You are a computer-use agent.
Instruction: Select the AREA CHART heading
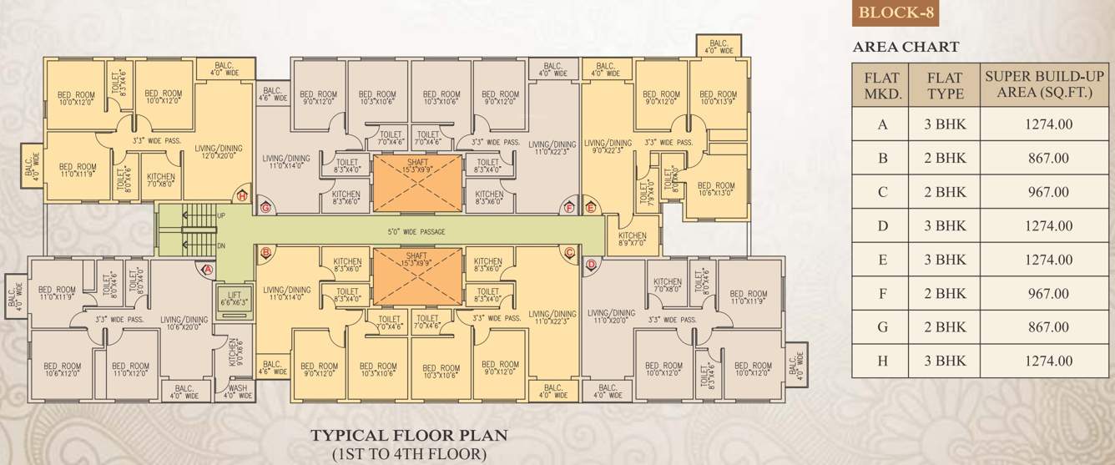click(906, 48)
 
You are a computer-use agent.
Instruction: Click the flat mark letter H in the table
click(883, 361)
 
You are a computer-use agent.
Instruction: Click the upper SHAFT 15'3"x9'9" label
click(416, 168)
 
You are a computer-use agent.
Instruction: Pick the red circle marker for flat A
click(208, 270)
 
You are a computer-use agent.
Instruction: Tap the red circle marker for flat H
click(242, 196)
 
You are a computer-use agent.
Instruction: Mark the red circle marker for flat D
click(591, 265)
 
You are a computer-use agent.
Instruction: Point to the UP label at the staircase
click(220, 215)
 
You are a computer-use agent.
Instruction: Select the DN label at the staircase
click(220, 246)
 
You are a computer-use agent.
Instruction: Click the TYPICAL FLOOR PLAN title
click(409, 435)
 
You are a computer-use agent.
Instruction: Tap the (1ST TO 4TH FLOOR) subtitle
click(409, 454)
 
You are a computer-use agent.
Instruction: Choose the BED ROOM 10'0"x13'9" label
click(718, 98)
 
